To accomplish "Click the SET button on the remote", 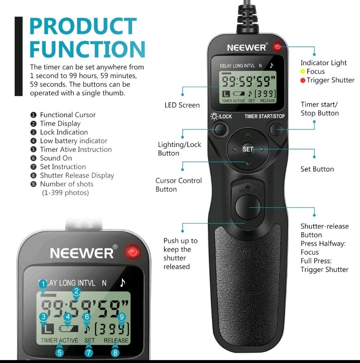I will coord(248,149).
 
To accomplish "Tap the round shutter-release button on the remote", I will coord(248,207).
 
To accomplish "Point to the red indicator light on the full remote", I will coord(278,47).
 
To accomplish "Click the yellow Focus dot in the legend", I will coord(303,71).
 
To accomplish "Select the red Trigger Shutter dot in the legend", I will coord(303,80).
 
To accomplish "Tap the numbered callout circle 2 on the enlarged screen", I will coord(76,291).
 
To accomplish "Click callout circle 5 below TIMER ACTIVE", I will coord(59,353).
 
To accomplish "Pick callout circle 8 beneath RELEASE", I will coord(115,353).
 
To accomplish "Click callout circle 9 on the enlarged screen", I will coord(121,317).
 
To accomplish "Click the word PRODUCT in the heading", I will coord(82,27).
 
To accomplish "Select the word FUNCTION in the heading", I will coord(87,50).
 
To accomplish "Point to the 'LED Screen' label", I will coord(182,105).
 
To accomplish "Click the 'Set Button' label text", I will coord(317,169).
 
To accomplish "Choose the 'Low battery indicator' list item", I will coord(74,141).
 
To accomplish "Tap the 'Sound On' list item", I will coord(56,158).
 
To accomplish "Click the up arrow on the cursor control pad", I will coord(248,135).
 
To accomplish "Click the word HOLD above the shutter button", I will coord(248,191).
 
